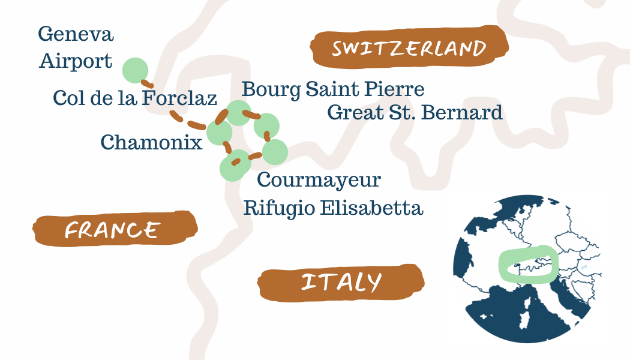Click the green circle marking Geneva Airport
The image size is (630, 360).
(135, 70)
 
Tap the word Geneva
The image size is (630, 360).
(76, 34)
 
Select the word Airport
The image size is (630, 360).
(76, 61)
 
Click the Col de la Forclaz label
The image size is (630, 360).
(134, 98)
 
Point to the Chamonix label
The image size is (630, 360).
(151, 142)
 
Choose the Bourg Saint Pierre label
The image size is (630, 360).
(333, 89)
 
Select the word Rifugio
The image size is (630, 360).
(279, 208)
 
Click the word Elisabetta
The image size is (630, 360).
(371, 208)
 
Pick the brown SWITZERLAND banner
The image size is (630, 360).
(409, 48)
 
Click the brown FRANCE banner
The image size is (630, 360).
(113, 229)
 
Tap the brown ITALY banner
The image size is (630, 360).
(341, 282)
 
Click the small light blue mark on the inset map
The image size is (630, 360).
(583, 266)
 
